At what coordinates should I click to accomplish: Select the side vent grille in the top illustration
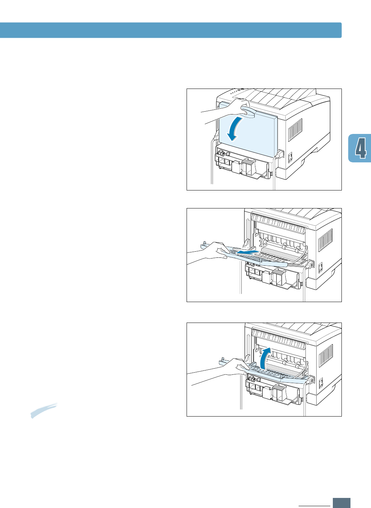tap(295, 129)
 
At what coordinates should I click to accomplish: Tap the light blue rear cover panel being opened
tap(252, 133)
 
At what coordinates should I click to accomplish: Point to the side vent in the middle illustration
tap(325, 240)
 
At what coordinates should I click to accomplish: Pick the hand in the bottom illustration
tap(231, 369)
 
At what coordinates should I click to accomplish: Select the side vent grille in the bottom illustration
tap(325, 355)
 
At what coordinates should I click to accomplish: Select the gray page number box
tap(341, 502)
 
